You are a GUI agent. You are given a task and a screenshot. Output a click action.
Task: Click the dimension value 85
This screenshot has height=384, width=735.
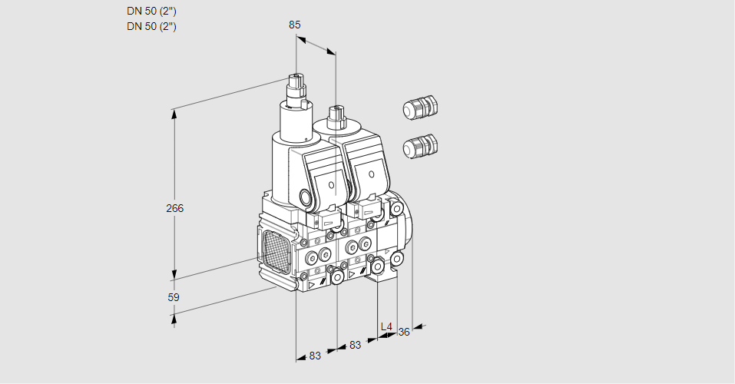[294, 25]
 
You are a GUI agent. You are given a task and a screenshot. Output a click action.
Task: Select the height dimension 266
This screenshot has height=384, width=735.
[175, 208]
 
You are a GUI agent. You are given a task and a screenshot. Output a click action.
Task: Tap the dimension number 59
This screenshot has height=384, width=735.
[174, 297]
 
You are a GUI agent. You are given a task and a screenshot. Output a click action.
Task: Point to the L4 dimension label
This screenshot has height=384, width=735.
[386, 326]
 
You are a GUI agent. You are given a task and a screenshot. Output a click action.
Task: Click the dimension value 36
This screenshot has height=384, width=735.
[403, 332]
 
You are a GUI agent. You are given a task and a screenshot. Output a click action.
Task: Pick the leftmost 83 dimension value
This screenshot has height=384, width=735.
[315, 356]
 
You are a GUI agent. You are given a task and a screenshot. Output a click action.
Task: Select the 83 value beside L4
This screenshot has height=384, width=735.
[356, 345]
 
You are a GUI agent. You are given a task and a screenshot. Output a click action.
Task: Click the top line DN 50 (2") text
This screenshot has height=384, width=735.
[151, 12]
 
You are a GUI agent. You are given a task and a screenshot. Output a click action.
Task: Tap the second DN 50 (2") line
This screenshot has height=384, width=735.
[151, 26]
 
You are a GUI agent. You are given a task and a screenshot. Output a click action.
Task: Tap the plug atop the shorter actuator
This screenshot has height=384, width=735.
[336, 118]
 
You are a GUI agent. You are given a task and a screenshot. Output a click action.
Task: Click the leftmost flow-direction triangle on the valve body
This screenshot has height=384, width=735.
[311, 285]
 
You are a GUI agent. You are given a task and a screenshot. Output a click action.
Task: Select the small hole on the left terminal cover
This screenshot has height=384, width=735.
[331, 185]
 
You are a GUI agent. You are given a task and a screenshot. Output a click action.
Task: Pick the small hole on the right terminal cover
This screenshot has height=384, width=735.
[371, 174]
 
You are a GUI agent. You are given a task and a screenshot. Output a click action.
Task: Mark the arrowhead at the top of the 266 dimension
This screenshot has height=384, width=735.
[174, 114]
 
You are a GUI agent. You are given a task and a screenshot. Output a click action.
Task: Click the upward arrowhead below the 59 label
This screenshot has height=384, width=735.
[174, 319]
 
